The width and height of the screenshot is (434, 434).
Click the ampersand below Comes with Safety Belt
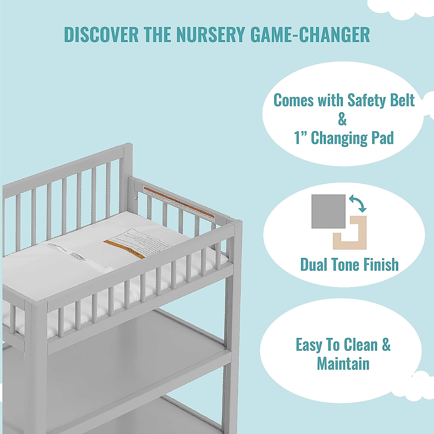coord(342,119)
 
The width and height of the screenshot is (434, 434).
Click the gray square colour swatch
coord(328,212)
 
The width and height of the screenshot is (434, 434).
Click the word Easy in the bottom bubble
coord(308,345)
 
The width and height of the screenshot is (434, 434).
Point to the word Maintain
coord(343,363)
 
